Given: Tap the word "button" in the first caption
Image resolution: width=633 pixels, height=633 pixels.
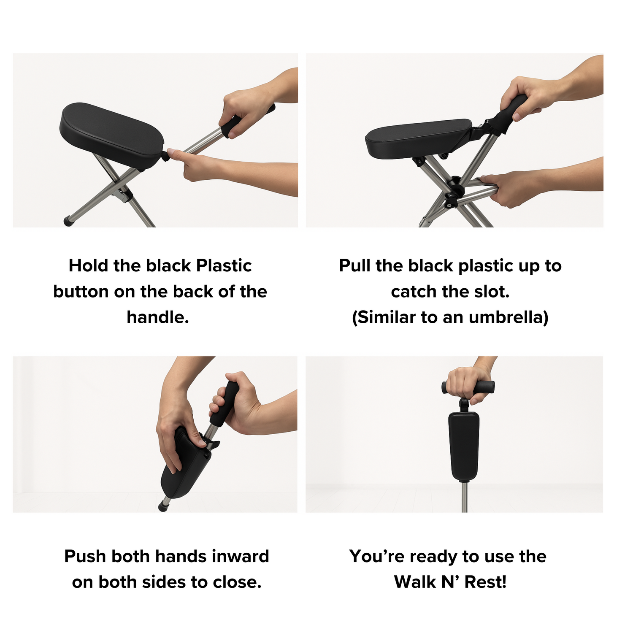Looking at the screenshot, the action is click(78, 292).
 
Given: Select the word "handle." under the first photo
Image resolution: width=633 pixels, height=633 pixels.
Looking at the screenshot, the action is click(158, 317).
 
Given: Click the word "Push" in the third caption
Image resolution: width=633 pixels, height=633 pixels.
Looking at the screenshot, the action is click(85, 556).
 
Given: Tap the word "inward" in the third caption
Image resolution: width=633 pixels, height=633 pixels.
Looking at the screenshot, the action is click(241, 556).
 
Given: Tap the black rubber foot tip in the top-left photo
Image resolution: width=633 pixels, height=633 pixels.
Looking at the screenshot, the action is click(68, 221).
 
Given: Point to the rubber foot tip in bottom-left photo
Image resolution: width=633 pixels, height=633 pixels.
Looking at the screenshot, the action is click(162, 506).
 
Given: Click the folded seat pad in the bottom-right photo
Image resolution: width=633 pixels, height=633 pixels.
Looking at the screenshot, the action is click(464, 447).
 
